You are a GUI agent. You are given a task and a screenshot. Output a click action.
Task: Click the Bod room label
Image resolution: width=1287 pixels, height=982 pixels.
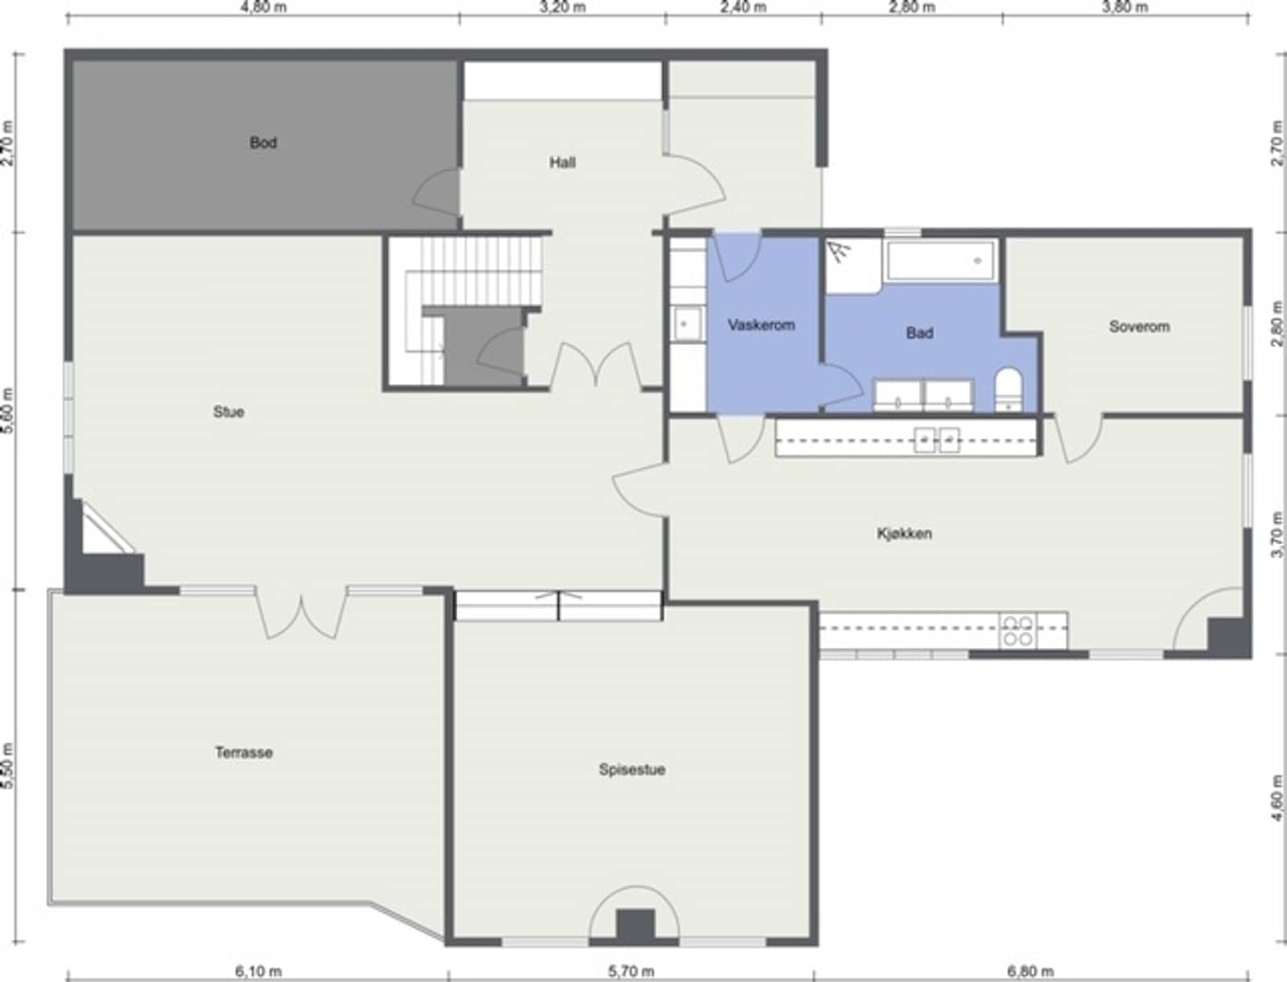point(263,142)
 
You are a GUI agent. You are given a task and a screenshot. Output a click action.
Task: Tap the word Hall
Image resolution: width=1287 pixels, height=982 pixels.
point(562,163)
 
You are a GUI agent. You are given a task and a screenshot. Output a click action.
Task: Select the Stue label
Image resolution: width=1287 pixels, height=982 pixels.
point(228,412)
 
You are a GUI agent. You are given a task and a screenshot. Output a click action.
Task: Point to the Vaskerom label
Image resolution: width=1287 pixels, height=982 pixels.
point(761,324)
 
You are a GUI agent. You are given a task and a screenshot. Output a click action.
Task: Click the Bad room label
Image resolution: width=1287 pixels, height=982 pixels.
point(919,332)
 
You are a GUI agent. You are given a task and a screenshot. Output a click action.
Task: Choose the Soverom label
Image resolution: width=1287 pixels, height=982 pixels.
point(1139,326)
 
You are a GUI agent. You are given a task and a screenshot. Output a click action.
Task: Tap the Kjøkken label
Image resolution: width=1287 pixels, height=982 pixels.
point(905,533)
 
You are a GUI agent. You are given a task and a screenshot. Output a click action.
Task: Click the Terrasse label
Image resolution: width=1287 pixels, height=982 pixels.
point(244,752)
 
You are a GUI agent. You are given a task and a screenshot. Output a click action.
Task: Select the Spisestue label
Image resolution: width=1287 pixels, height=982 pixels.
point(632,769)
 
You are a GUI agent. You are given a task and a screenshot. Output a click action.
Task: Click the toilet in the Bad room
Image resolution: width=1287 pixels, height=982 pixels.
point(1009,390)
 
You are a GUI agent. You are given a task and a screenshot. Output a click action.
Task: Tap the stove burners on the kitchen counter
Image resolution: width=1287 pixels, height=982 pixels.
point(1018,630)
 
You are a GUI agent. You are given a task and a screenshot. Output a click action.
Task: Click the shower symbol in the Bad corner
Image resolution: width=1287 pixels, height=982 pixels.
point(839,252)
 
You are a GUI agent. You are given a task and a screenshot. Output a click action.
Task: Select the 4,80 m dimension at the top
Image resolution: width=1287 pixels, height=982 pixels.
point(264,7)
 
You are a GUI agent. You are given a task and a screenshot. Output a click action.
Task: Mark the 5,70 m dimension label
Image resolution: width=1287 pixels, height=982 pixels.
point(631,972)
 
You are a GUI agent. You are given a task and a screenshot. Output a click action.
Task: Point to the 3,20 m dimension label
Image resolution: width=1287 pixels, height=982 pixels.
point(562,7)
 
